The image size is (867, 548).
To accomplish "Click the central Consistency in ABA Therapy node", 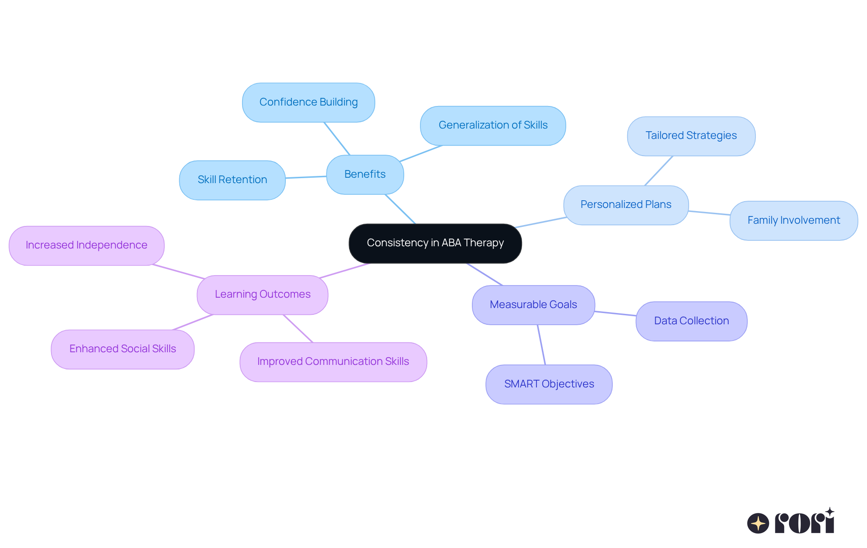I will [x=435, y=243].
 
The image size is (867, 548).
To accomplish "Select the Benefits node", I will [x=365, y=175].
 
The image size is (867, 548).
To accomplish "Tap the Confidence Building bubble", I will [x=308, y=102].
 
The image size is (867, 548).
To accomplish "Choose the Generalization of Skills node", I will [x=493, y=125].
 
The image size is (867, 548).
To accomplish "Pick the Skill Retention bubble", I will [x=232, y=180].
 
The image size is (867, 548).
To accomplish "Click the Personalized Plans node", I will [x=626, y=205].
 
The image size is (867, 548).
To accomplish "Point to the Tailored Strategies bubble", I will [x=691, y=136].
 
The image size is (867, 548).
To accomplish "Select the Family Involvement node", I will [x=793, y=221].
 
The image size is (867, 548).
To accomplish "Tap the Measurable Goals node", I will [x=533, y=305].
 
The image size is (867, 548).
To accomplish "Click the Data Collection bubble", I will [x=691, y=321].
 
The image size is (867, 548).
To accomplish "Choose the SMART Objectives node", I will [x=549, y=384].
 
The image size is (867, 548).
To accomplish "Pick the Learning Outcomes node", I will [x=262, y=295].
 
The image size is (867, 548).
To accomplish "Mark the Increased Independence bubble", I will [x=86, y=245].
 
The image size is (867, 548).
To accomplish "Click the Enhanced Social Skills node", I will [x=122, y=349].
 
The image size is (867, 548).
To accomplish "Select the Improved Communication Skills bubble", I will [x=333, y=362].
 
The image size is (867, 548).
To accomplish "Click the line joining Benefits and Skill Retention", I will [x=306, y=177].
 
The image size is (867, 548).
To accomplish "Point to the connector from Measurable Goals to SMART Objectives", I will [x=541, y=345].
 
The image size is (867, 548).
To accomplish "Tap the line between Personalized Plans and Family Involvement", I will [x=709, y=213].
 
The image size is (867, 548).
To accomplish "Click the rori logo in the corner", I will [x=804, y=523].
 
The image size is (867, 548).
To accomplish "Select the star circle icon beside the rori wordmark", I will [x=758, y=523].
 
